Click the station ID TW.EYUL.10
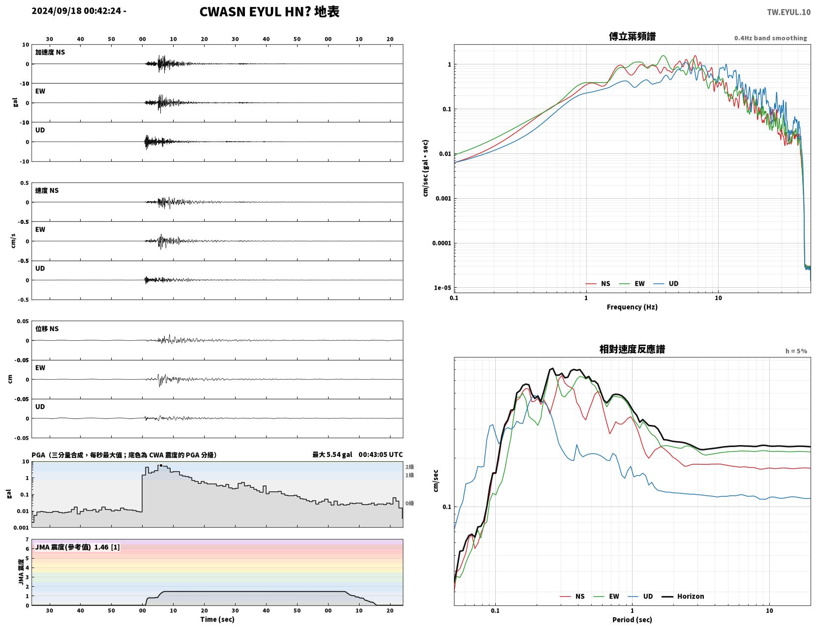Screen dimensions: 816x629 pyautogui.click(x=788, y=12)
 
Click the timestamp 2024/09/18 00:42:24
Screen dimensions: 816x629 pyautogui.click(x=76, y=11)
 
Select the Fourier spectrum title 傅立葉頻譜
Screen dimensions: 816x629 pyautogui.click(x=632, y=36)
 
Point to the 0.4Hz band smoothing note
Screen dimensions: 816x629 pyautogui.click(x=770, y=38)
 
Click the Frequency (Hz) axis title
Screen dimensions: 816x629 pyautogui.click(x=632, y=307)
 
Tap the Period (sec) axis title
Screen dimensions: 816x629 pyautogui.click(x=632, y=620)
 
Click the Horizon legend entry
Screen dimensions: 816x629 pyautogui.click(x=683, y=597)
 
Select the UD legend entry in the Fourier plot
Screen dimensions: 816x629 pyautogui.click(x=666, y=284)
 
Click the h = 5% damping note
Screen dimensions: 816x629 pyautogui.click(x=796, y=351)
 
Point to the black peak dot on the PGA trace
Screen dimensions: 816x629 pyautogui.click(x=161, y=465)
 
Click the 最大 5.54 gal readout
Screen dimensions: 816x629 pyautogui.click(x=332, y=454)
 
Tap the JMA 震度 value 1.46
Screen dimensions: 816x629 pyautogui.click(x=101, y=547)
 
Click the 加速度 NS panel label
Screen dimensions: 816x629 pyautogui.click(x=50, y=52)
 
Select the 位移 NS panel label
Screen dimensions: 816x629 pyautogui.click(x=47, y=329)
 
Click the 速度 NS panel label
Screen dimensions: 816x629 pyautogui.click(x=47, y=191)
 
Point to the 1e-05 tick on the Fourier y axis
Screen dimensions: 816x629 pyautogui.click(x=442, y=288)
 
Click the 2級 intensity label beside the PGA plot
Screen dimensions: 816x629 pyautogui.click(x=409, y=467)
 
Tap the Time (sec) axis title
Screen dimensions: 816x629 pyautogui.click(x=217, y=619)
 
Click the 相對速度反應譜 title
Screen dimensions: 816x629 pyautogui.click(x=632, y=349)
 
